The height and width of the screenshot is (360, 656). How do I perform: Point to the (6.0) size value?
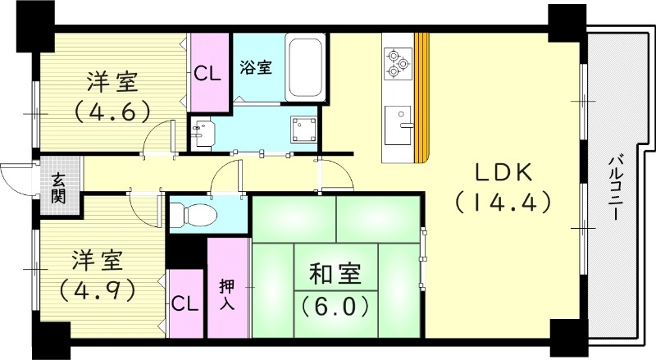(333, 307)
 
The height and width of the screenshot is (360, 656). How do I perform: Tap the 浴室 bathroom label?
(256, 69)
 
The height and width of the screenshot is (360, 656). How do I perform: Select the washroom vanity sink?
(203, 130)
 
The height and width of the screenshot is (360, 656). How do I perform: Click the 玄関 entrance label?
(59, 189)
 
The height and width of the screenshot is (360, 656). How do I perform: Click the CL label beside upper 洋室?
(208, 72)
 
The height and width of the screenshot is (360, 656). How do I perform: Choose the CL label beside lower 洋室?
(185, 303)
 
